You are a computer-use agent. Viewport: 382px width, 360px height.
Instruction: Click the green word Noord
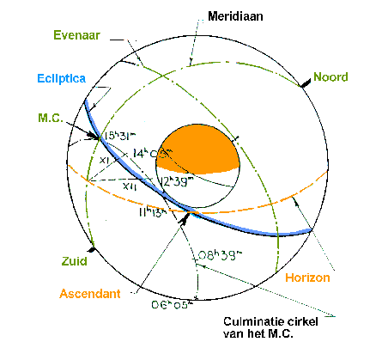(x=330, y=76)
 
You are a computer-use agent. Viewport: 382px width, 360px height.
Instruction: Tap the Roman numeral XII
(x=128, y=183)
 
